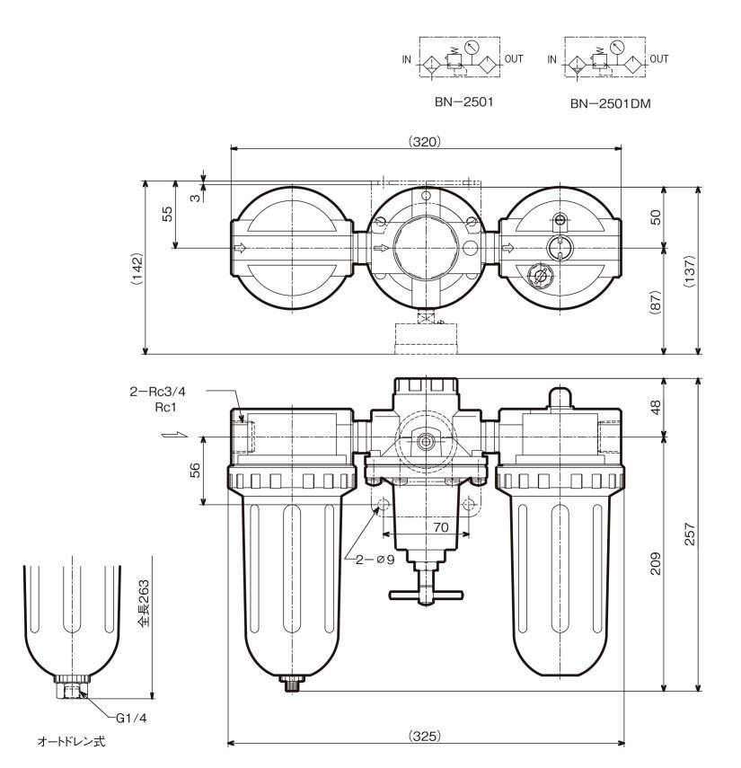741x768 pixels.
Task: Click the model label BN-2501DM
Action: click(610, 103)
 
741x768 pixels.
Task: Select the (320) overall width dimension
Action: click(424, 141)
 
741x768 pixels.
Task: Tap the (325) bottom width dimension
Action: click(424, 736)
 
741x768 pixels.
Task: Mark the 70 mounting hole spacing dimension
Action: click(439, 528)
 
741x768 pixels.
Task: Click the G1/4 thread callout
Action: click(131, 718)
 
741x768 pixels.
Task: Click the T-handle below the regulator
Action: click(424, 595)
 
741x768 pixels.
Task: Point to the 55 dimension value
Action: click(166, 214)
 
